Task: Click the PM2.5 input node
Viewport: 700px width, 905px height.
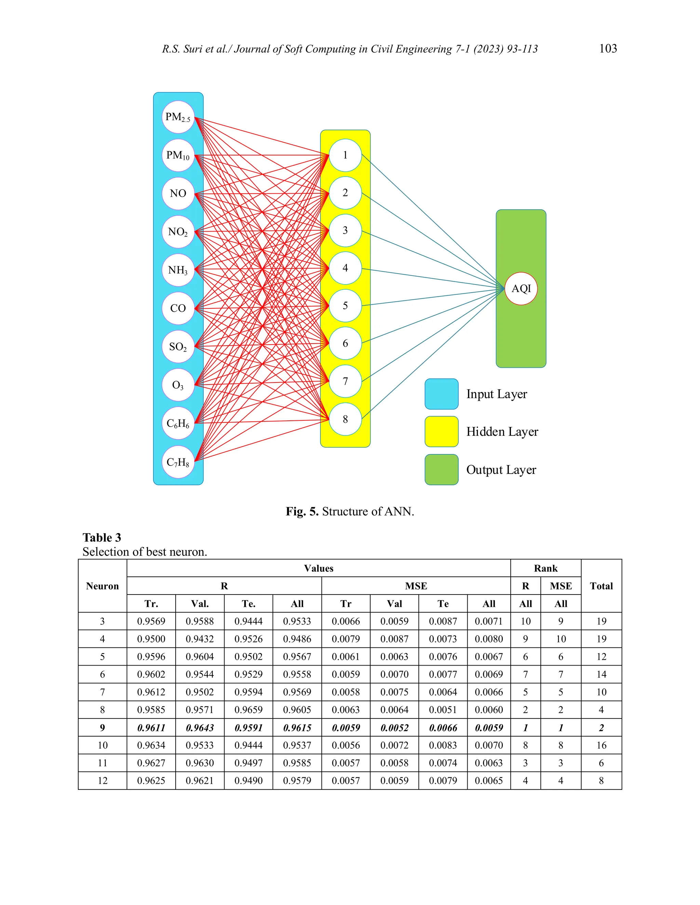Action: (178, 117)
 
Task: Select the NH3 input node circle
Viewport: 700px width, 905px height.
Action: (178, 270)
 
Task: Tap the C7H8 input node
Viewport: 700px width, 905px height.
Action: (178, 462)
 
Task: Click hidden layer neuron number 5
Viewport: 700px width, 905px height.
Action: (345, 306)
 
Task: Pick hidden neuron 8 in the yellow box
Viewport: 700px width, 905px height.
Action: (345, 419)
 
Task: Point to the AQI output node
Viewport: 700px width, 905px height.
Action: (521, 289)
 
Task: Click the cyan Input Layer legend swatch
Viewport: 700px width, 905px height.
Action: (441, 394)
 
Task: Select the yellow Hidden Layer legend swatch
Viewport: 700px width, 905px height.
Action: (441, 432)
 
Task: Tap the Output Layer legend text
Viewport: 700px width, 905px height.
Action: (501, 470)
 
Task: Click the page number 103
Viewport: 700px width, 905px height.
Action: (608, 48)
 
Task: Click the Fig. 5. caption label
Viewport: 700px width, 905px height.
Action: (302, 511)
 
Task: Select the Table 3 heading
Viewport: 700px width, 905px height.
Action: (102, 538)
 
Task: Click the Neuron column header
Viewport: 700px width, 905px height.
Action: (103, 586)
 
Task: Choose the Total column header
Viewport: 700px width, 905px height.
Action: (601, 586)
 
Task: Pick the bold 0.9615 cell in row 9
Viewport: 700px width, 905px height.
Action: (297, 728)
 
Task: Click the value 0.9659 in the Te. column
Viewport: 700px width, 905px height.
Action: (248, 710)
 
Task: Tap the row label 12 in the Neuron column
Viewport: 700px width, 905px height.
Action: (103, 781)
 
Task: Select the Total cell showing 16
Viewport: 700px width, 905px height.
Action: (601, 745)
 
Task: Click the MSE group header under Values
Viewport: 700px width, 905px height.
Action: (416, 586)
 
